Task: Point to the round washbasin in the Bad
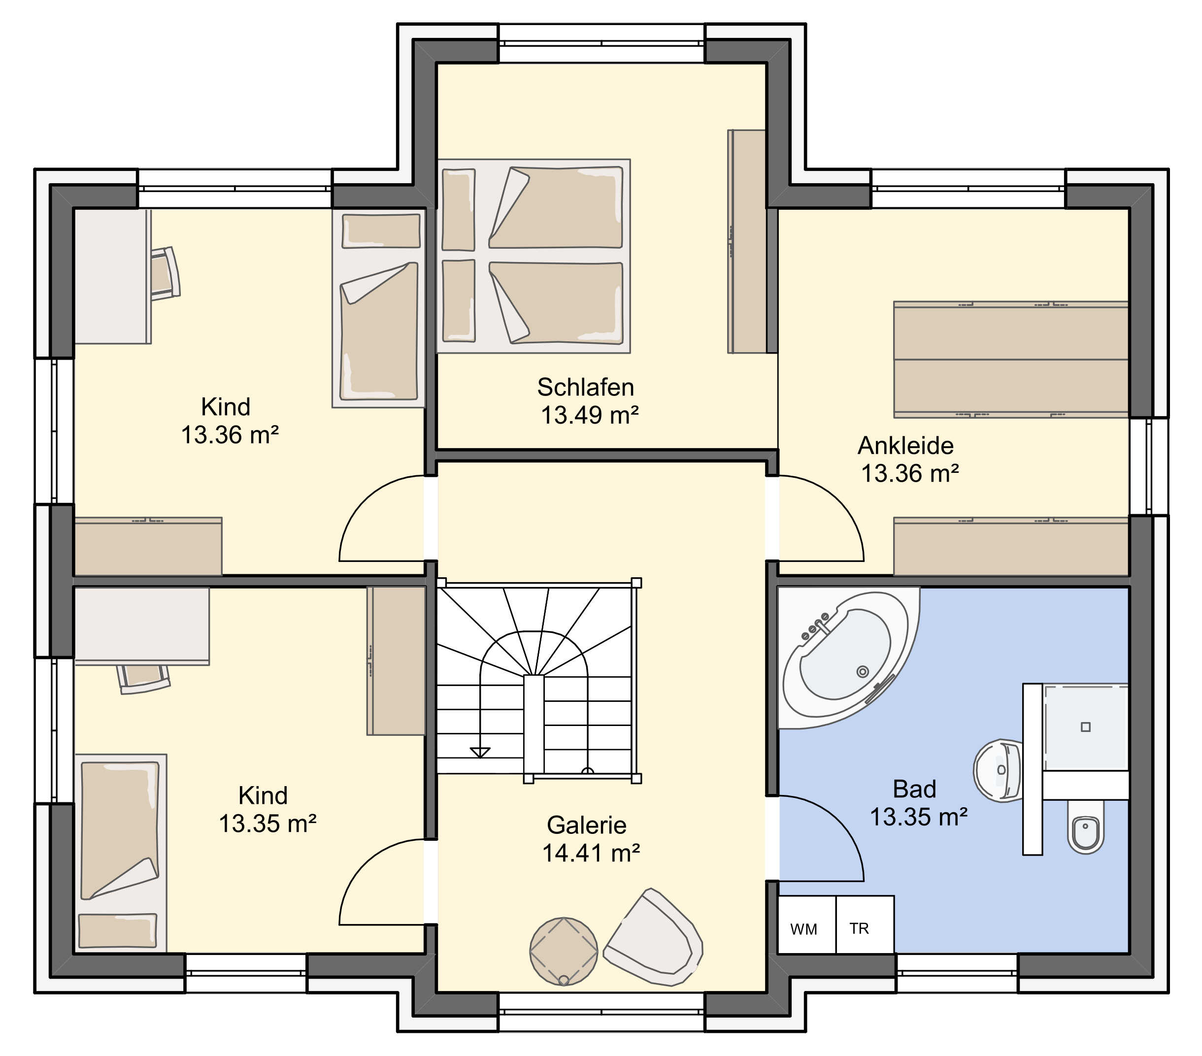(x=998, y=770)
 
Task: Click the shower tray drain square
(x=1086, y=726)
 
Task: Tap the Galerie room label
(x=586, y=825)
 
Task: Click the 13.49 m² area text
(x=590, y=415)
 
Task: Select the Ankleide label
(x=905, y=446)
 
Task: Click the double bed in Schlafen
(x=534, y=256)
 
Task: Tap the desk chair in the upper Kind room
(x=165, y=274)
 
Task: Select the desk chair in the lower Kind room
(x=144, y=679)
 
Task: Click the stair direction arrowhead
(x=480, y=753)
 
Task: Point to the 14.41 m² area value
(x=591, y=853)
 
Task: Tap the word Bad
(x=914, y=789)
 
